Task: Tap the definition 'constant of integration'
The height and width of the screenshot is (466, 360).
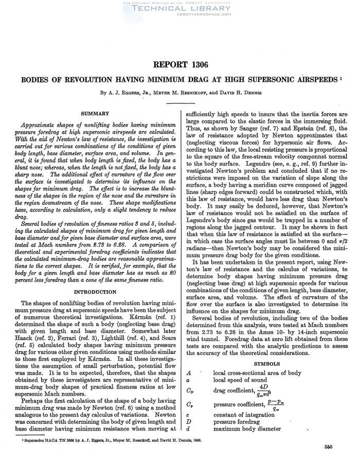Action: [x=243, y=415]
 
